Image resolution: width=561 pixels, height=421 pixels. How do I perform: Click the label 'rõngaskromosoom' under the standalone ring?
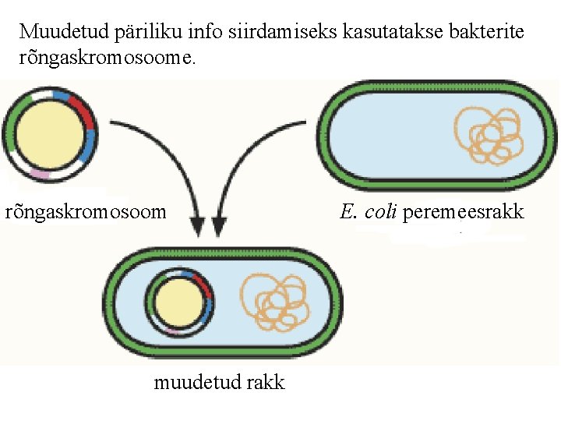click(x=86, y=211)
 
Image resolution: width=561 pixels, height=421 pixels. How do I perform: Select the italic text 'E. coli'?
click(x=369, y=211)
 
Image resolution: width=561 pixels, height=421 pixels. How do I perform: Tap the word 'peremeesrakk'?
click(x=463, y=211)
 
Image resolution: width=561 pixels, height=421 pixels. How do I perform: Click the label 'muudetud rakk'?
click(x=219, y=382)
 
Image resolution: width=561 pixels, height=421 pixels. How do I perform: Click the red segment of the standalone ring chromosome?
click(x=83, y=109)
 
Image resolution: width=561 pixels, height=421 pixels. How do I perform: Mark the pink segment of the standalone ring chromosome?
click(x=39, y=173)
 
